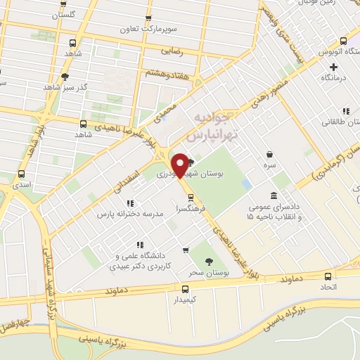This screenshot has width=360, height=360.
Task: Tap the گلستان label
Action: click(84, 13)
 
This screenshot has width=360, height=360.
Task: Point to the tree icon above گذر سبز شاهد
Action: click(65, 77)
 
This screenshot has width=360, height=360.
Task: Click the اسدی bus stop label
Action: click(20, 184)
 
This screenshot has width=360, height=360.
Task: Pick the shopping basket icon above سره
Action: click(270, 155)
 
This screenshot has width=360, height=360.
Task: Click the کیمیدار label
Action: click(186, 300)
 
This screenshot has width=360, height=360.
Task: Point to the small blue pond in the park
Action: click(245, 183)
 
